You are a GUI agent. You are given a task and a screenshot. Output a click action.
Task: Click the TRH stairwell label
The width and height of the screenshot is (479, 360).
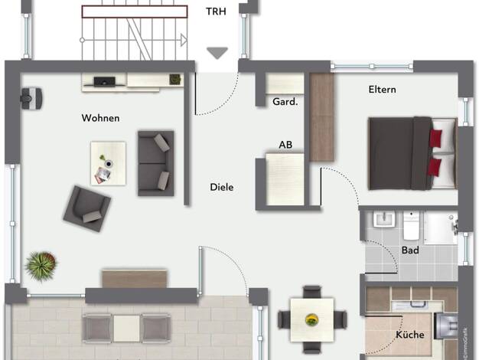216,11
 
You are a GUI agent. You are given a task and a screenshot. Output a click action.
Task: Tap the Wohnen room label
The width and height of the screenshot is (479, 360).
100,118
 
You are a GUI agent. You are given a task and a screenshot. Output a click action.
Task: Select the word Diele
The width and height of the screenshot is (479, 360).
222,187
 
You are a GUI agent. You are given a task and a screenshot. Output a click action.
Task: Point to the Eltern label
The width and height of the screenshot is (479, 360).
382,90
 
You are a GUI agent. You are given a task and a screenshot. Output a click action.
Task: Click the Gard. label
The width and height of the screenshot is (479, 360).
285,102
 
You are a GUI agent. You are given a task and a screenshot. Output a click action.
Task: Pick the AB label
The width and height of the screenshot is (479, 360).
285,145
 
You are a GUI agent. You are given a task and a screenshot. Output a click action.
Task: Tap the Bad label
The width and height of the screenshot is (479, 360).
410,250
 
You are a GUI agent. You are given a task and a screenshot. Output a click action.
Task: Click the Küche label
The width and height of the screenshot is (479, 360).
410,335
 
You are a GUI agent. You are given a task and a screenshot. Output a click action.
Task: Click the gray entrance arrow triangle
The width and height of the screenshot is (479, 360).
217,53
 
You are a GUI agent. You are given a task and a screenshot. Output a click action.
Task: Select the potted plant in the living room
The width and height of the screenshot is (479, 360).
41,266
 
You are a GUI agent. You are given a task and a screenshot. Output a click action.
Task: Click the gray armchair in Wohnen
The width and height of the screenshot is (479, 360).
87,208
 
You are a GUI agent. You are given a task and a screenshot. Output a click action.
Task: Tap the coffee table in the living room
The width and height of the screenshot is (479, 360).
109,163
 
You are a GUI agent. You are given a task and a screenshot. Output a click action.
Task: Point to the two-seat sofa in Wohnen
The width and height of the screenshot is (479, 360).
156,163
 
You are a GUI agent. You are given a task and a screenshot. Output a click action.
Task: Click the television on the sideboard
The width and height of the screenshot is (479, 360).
105,82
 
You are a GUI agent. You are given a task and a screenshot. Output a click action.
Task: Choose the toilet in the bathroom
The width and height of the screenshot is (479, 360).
411,226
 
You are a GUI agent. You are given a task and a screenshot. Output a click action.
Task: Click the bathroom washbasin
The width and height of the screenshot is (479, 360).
384,219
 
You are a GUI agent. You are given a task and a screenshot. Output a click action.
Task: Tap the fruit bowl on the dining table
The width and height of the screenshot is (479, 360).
311,320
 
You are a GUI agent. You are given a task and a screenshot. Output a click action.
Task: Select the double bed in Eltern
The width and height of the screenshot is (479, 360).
413,153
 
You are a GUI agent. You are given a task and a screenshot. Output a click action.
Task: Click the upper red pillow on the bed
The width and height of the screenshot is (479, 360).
436,139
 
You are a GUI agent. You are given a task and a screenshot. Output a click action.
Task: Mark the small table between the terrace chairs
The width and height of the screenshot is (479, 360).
126,329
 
